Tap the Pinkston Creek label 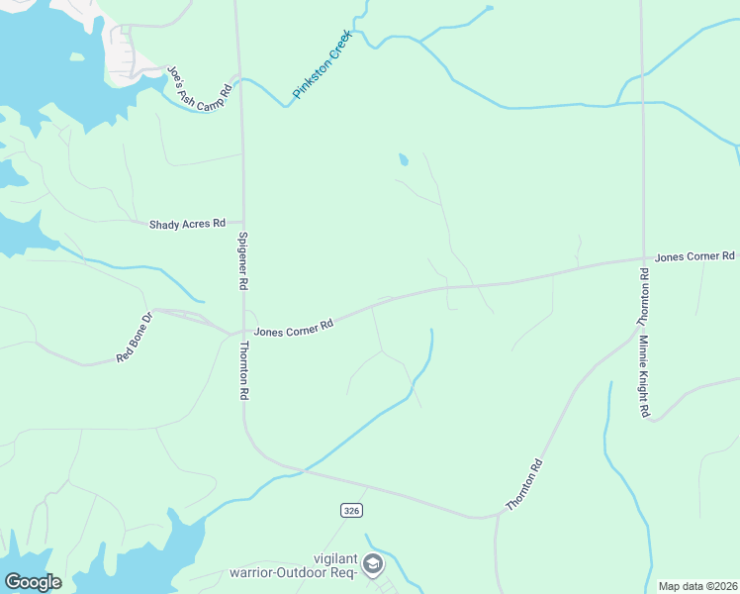[x=323, y=69]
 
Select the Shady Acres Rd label [x=187, y=225]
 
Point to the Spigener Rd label [x=243, y=260]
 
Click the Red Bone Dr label [x=135, y=337]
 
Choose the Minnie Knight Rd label [x=643, y=376]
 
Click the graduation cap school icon [x=373, y=564]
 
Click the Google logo [x=34, y=582]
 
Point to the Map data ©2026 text [x=697, y=586]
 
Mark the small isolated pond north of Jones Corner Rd [x=403, y=160]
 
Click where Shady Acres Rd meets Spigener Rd [x=242, y=223]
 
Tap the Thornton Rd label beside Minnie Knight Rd [x=642, y=297]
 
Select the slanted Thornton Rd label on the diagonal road [x=524, y=484]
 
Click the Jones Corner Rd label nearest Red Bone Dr [x=293, y=328]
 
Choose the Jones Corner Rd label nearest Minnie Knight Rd [x=694, y=256]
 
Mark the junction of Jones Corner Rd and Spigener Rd [x=243, y=333]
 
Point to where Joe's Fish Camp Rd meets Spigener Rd [x=238, y=76]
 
